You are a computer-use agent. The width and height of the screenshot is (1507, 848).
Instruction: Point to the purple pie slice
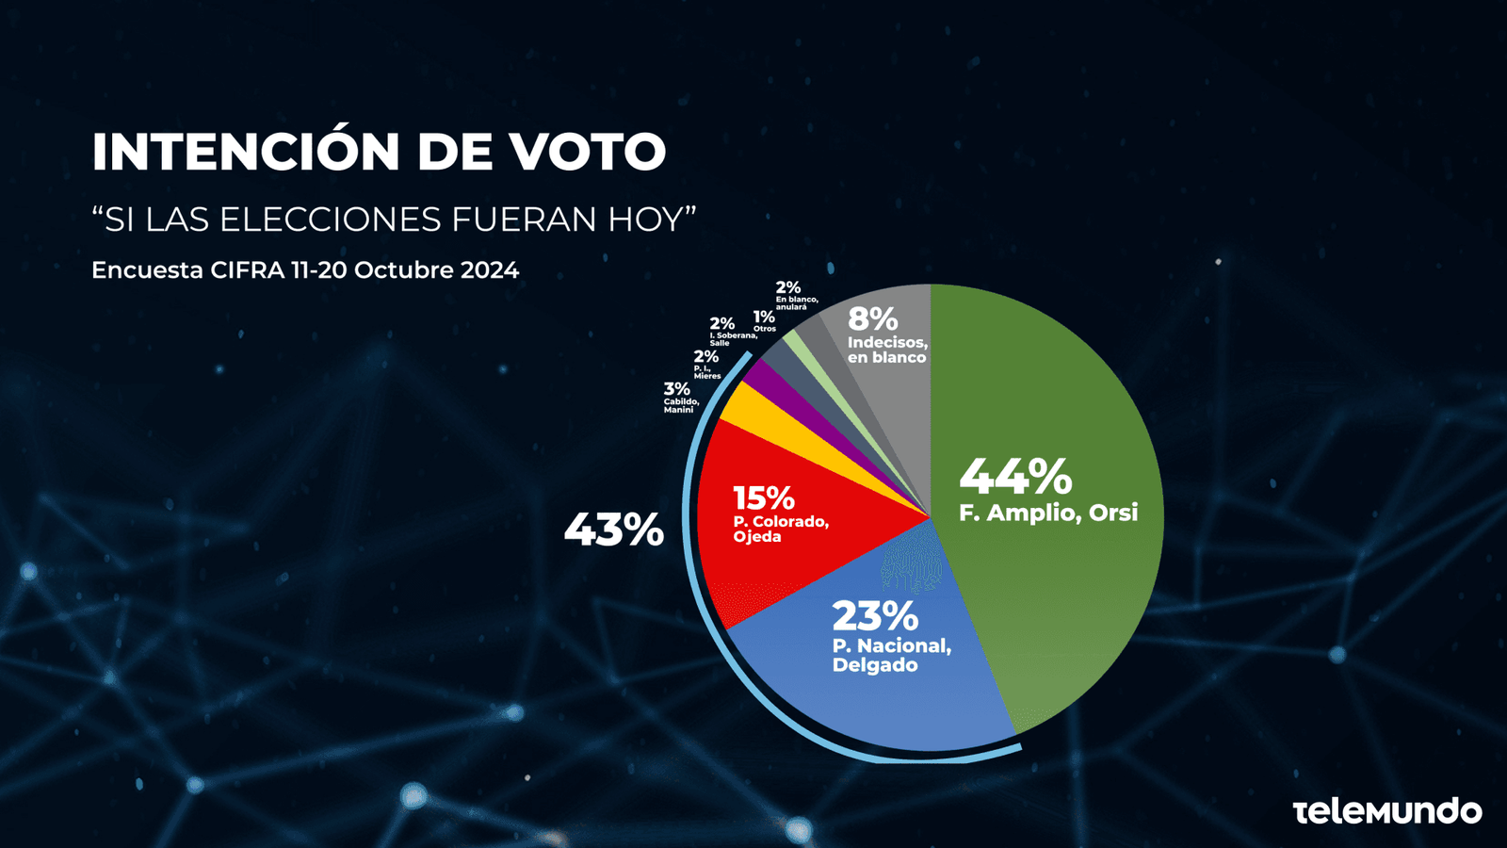point(765,382)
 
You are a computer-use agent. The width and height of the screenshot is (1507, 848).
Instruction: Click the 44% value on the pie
point(1015,477)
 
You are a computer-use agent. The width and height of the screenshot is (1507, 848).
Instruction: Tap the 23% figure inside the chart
point(874,616)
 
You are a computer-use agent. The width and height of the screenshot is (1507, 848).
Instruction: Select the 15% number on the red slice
point(763,497)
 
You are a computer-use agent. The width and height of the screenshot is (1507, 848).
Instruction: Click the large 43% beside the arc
point(614,530)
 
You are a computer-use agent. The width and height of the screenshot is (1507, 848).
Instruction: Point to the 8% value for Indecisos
point(872,319)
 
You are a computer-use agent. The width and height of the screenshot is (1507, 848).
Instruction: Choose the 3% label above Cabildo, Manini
point(676,389)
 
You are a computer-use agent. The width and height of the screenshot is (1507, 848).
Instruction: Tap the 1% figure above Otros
point(764,318)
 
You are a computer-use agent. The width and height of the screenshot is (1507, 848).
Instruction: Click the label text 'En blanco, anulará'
point(796,303)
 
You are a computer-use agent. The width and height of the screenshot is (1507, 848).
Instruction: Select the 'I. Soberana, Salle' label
point(733,339)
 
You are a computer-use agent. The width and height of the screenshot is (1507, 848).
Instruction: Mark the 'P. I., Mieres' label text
point(706,372)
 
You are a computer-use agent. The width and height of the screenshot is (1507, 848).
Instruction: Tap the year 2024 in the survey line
point(489,270)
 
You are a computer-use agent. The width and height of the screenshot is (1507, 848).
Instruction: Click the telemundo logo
point(1386,810)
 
